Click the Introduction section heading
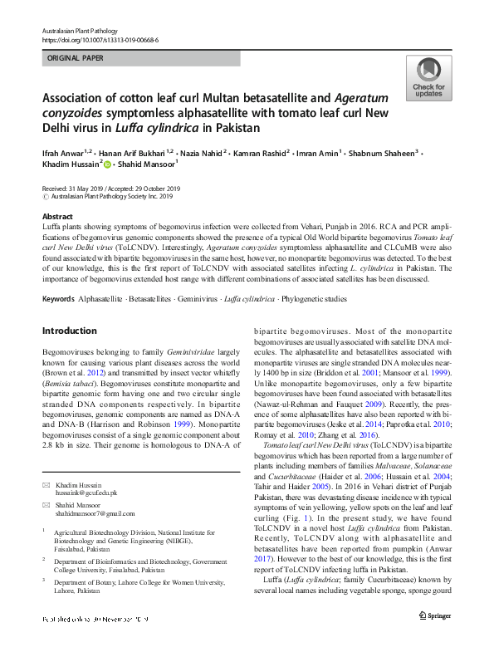pos(69,331)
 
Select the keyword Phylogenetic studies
pos(315,297)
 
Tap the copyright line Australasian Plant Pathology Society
pos(112,197)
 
